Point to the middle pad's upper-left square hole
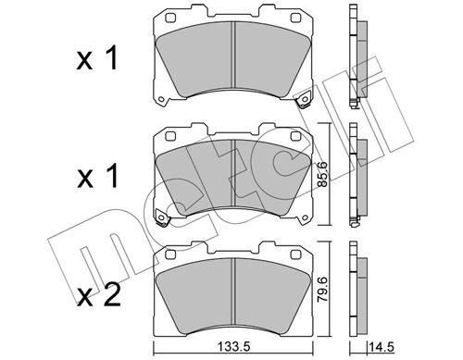tap(170, 136)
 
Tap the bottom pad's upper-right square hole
tap(295, 251)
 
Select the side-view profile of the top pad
tap(357, 56)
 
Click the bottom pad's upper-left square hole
tap(170, 251)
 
